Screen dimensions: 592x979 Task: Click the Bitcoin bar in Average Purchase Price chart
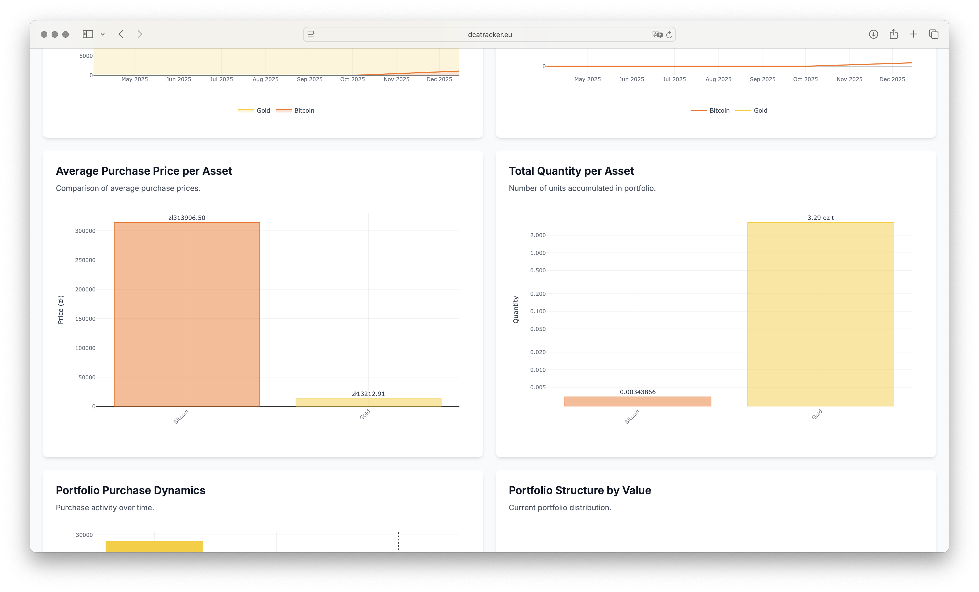click(x=187, y=314)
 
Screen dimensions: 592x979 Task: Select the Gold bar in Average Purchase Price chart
click(x=368, y=402)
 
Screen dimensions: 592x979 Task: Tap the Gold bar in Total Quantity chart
click(x=820, y=314)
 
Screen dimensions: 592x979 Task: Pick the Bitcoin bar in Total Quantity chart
click(x=638, y=402)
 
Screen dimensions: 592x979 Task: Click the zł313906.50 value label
click(x=187, y=218)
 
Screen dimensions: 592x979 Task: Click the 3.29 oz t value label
click(x=820, y=218)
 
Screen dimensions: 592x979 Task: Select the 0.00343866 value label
click(x=638, y=392)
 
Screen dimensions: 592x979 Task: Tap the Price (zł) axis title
click(x=60, y=310)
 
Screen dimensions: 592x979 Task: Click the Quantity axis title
click(x=516, y=310)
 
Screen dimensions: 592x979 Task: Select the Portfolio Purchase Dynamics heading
click(x=130, y=490)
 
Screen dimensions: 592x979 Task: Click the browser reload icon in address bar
click(x=669, y=35)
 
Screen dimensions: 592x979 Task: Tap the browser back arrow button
click(x=121, y=34)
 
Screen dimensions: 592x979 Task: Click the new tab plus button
click(x=913, y=34)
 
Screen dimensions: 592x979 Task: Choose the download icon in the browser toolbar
click(x=873, y=34)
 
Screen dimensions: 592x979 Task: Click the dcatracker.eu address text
click(x=489, y=35)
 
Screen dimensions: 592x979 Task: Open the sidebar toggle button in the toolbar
click(x=88, y=34)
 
